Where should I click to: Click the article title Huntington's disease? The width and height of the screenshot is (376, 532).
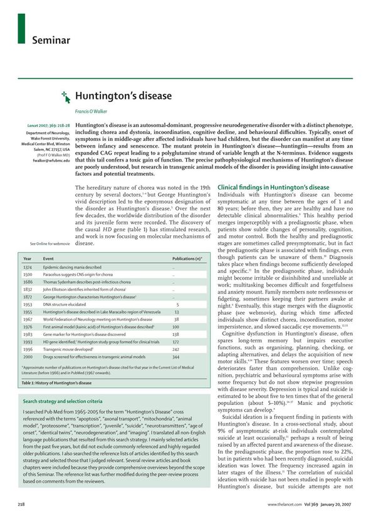(115, 96)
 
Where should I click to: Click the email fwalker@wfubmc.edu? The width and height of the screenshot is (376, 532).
(51, 161)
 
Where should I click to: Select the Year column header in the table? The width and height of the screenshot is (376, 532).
(28, 258)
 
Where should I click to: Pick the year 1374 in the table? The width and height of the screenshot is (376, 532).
(28, 267)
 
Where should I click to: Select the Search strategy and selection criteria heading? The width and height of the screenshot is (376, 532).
(63, 401)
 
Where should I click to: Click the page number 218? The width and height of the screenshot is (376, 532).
(23, 503)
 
